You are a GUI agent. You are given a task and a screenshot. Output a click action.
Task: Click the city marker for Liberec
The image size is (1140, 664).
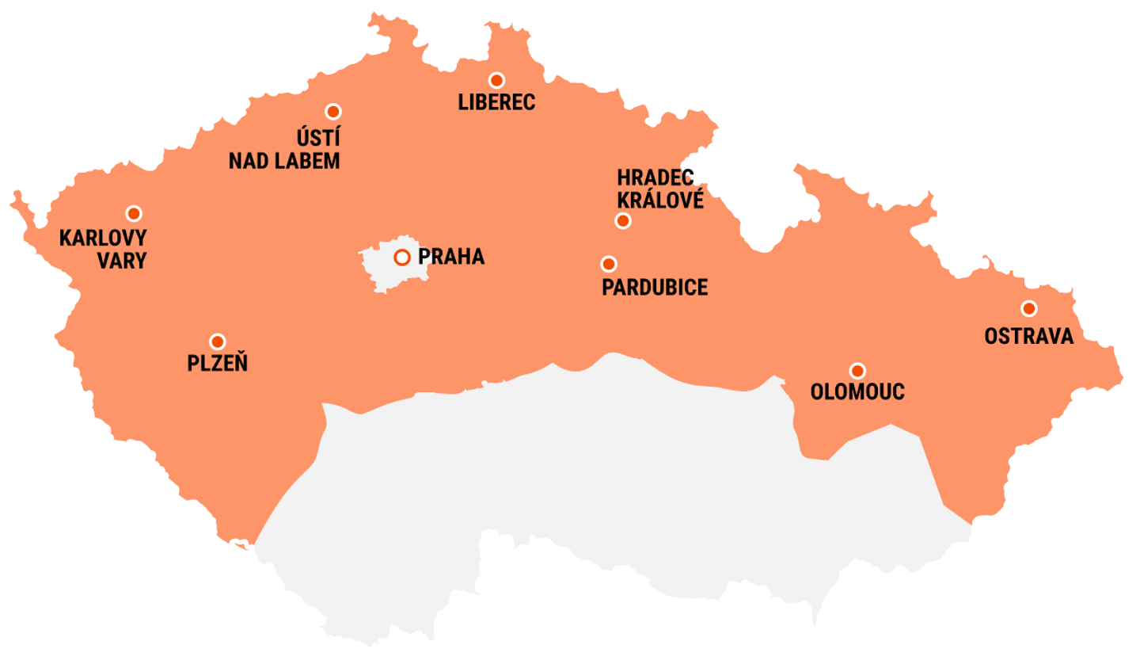coord(496,80)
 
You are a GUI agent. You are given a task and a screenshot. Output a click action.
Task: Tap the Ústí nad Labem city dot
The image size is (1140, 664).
coord(333,112)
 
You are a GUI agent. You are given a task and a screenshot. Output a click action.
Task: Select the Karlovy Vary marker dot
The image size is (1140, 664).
coord(134,213)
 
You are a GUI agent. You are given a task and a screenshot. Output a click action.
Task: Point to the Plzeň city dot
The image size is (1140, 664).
coord(217,342)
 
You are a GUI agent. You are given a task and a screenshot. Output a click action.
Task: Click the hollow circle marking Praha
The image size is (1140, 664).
coord(402,257)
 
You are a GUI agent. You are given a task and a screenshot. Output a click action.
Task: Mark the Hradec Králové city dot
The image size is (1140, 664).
coord(623,221)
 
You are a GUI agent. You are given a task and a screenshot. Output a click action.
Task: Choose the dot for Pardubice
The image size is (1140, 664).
coord(609,264)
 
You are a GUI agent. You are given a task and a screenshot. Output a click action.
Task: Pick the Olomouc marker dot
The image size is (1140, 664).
coord(857,370)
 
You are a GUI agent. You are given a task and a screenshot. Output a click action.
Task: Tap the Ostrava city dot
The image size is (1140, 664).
coord(1028,308)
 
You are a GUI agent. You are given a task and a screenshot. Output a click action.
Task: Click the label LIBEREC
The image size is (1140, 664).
coord(497,102)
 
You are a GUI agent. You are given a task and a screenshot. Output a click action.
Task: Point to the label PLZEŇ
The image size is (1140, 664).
coord(218,364)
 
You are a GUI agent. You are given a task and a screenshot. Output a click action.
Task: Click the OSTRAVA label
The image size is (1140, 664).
coord(1029,336)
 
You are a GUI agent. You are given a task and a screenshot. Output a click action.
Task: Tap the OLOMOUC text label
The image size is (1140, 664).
coord(858,391)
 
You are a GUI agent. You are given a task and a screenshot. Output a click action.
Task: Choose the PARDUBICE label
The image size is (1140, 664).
coord(655,287)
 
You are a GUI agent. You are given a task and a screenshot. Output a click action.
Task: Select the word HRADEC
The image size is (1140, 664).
coord(655,177)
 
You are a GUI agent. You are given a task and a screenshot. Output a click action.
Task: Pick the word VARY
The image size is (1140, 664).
coord(122,260)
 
